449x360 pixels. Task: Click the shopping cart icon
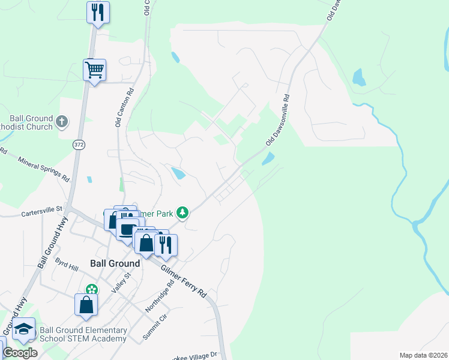[95, 70]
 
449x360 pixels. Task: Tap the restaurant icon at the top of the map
[98, 12]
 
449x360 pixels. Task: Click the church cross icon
[61, 123]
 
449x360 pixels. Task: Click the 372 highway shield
[79, 145]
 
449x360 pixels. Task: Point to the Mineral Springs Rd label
[44, 169]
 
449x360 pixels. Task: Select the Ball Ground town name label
[115, 263]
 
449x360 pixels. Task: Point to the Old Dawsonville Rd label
[279, 119]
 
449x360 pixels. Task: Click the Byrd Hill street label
[67, 265]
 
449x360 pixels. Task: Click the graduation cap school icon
[24, 329]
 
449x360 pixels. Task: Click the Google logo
[20, 352]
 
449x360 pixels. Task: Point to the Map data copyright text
[423, 355]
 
